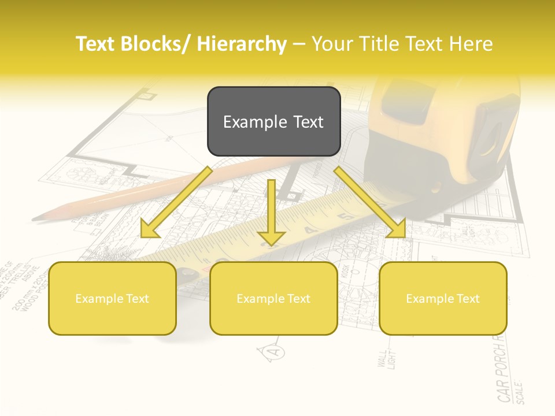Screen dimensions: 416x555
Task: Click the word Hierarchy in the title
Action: click(242, 44)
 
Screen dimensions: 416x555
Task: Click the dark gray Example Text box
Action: click(273, 122)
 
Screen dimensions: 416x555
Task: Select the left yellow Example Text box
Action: click(112, 299)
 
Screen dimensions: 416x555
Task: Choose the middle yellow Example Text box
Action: click(273, 299)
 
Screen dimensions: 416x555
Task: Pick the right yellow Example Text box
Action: click(443, 299)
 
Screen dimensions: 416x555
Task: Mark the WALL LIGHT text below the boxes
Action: click(386, 359)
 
